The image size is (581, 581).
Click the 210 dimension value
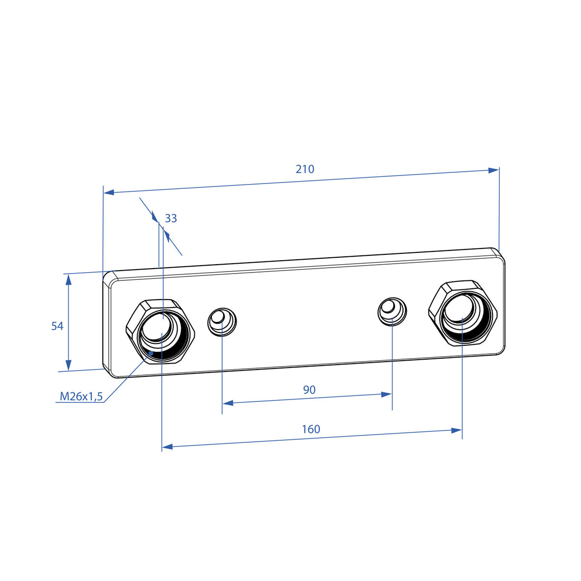click(305, 169)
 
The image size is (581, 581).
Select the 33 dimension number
click(171, 218)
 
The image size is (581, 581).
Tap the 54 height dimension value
click(58, 326)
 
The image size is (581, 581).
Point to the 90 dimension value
click(309, 390)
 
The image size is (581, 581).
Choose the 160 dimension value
click(311, 429)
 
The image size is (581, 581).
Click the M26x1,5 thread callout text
click(81, 397)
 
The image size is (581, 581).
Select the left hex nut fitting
click(161, 331)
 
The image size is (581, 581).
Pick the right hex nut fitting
click(463, 313)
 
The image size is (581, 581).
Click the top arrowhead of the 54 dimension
click(68, 280)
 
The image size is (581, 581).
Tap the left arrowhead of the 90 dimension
click(227, 402)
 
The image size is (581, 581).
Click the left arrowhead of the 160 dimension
click(167, 447)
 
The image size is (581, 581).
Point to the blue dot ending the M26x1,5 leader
click(151, 353)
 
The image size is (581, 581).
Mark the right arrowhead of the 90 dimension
click(387, 394)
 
